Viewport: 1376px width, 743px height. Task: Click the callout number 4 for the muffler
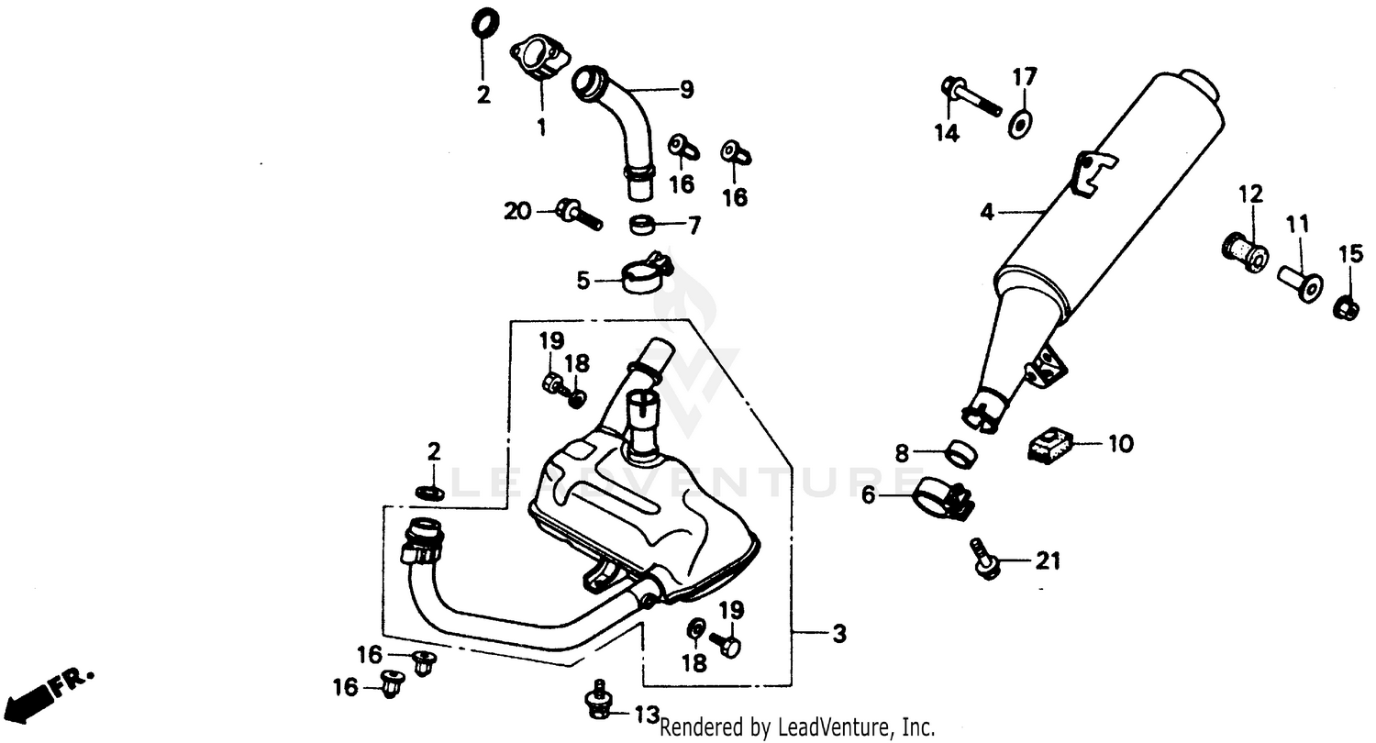(986, 213)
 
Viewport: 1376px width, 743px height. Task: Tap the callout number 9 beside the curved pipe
(686, 90)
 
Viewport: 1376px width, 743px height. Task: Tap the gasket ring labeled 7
(643, 224)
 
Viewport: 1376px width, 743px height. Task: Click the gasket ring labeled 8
(960, 452)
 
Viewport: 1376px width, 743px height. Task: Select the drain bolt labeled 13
(599, 703)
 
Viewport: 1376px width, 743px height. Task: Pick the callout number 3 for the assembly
(838, 634)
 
